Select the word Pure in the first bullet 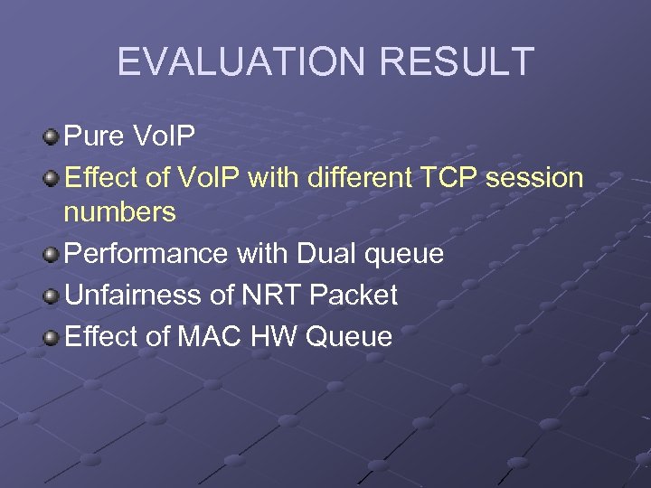coord(94,137)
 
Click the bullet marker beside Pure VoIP coord(51,138)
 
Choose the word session coord(534,177)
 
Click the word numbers coord(119,213)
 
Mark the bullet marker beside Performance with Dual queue coord(51,255)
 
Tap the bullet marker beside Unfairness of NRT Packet coord(51,296)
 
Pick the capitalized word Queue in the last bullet coord(350,336)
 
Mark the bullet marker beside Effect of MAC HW coord(51,337)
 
